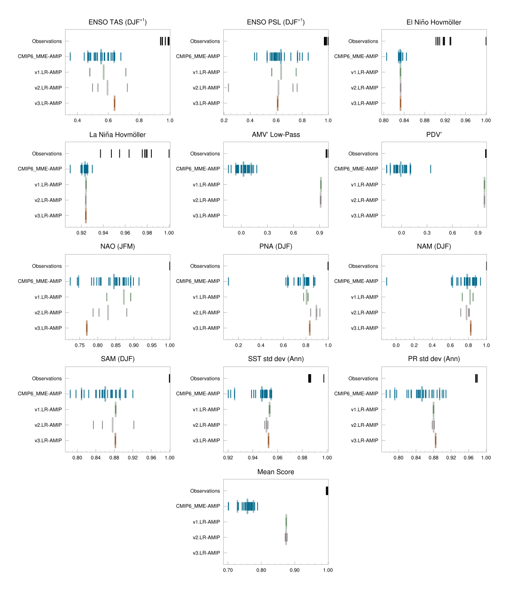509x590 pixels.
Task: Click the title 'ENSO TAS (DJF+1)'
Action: (x=118, y=22)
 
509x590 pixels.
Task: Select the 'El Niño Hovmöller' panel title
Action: (x=434, y=22)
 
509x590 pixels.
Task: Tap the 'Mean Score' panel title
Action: (x=275, y=472)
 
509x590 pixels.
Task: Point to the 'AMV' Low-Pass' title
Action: (x=276, y=134)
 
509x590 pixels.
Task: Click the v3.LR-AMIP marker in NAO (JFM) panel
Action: (x=87, y=328)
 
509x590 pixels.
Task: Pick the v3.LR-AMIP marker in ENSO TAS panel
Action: (x=115, y=103)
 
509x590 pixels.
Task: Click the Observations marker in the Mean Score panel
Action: (x=327, y=491)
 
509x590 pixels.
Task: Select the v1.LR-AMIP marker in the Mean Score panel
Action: (x=286, y=522)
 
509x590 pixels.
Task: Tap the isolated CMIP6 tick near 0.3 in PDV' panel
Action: (x=430, y=169)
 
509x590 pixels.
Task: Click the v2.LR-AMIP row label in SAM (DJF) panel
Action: (x=48, y=425)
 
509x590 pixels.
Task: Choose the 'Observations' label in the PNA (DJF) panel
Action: (x=205, y=266)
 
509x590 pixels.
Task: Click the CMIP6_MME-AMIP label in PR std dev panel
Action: (x=356, y=393)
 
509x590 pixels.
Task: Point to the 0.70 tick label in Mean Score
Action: (x=228, y=570)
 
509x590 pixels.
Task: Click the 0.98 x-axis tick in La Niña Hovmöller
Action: (x=147, y=233)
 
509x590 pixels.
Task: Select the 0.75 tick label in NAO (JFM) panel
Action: (x=80, y=345)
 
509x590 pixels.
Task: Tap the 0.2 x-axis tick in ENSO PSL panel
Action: (x=224, y=121)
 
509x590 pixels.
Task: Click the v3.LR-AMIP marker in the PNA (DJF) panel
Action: (x=310, y=328)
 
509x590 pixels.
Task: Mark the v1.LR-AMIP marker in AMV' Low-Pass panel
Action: (x=320, y=184)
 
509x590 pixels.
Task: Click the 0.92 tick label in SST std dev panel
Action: (x=228, y=458)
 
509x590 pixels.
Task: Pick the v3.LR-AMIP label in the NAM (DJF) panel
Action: (x=364, y=328)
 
